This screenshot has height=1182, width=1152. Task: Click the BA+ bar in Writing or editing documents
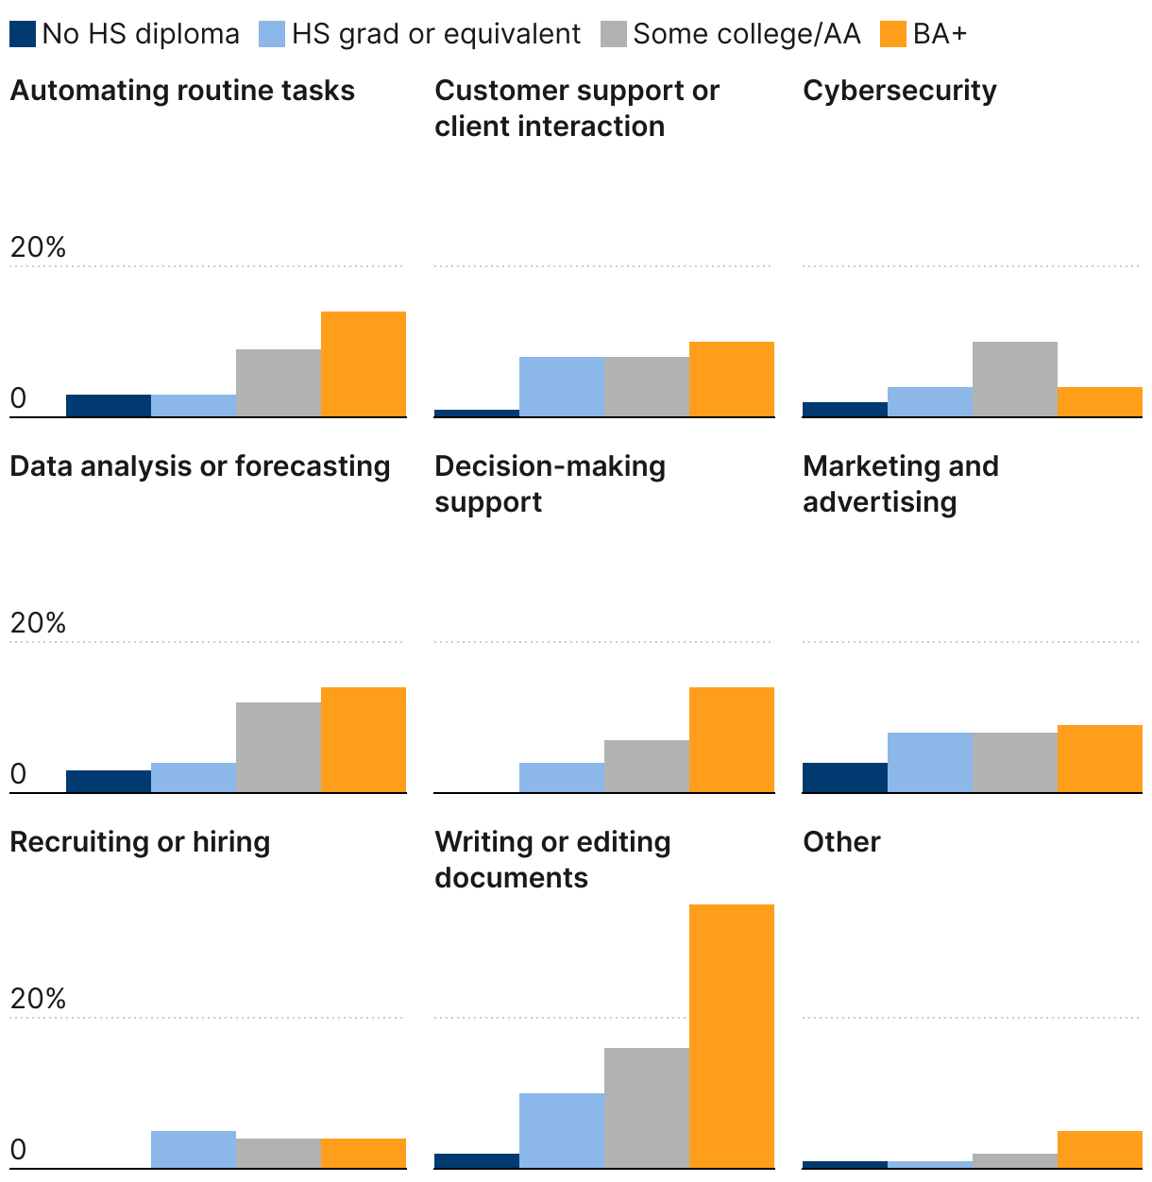point(732,1036)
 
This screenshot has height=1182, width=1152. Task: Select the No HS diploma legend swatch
point(23,35)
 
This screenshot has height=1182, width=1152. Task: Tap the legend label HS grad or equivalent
point(435,35)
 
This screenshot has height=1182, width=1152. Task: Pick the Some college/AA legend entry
point(746,35)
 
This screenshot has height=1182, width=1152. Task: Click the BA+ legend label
point(940,35)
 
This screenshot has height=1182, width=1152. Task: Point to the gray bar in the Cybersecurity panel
point(1015,379)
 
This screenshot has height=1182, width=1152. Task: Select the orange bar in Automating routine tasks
point(364,363)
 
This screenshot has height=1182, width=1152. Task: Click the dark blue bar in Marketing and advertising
point(845,777)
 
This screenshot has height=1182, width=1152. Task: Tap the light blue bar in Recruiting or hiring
point(194,1149)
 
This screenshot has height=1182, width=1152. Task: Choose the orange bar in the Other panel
point(1100,1149)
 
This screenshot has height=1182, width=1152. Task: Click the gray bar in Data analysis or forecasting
point(279,747)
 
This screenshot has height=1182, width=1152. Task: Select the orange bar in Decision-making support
point(732,739)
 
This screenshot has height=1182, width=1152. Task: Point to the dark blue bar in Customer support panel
point(477,413)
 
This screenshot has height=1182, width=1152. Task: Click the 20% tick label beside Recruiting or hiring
point(38,999)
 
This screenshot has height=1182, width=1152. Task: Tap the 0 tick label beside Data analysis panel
point(18,774)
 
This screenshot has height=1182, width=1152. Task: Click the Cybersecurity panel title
point(899,91)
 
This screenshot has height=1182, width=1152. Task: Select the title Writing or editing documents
point(552,859)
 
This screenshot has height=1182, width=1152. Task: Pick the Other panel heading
point(841,842)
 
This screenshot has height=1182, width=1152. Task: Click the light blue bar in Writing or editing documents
point(562,1130)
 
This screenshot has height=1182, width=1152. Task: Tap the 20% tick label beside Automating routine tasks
point(38,247)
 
